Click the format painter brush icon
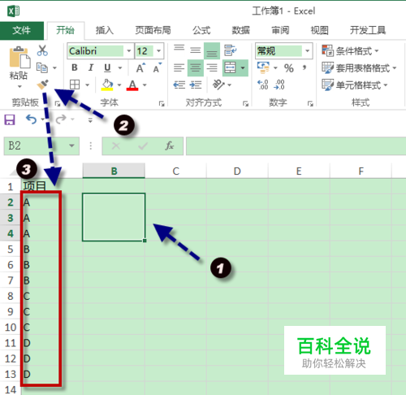pyautogui.click(x=43, y=85)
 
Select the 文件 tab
pyautogui.click(x=22, y=30)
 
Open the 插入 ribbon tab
pyautogui.click(x=104, y=30)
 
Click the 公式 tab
pyautogui.click(x=201, y=30)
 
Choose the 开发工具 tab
pyautogui.click(x=368, y=30)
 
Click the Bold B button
pyautogui.click(x=75, y=67)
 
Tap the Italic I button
pyautogui.click(x=91, y=67)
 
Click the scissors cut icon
pyautogui.click(x=42, y=50)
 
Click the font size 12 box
pyautogui.click(x=149, y=50)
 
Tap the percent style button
pyautogui.click(x=289, y=68)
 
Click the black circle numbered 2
pyautogui.click(x=124, y=125)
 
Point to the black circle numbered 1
pyautogui.click(x=221, y=268)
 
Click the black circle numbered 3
pyautogui.click(x=27, y=169)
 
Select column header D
pyautogui.click(x=237, y=171)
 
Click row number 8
pyautogui.click(x=11, y=296)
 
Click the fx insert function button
pyautogui.click(x=170, y=145)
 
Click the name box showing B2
pyautogui.click(x=41, y=145)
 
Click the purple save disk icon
pyautogui.click(x=10, y=119)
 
